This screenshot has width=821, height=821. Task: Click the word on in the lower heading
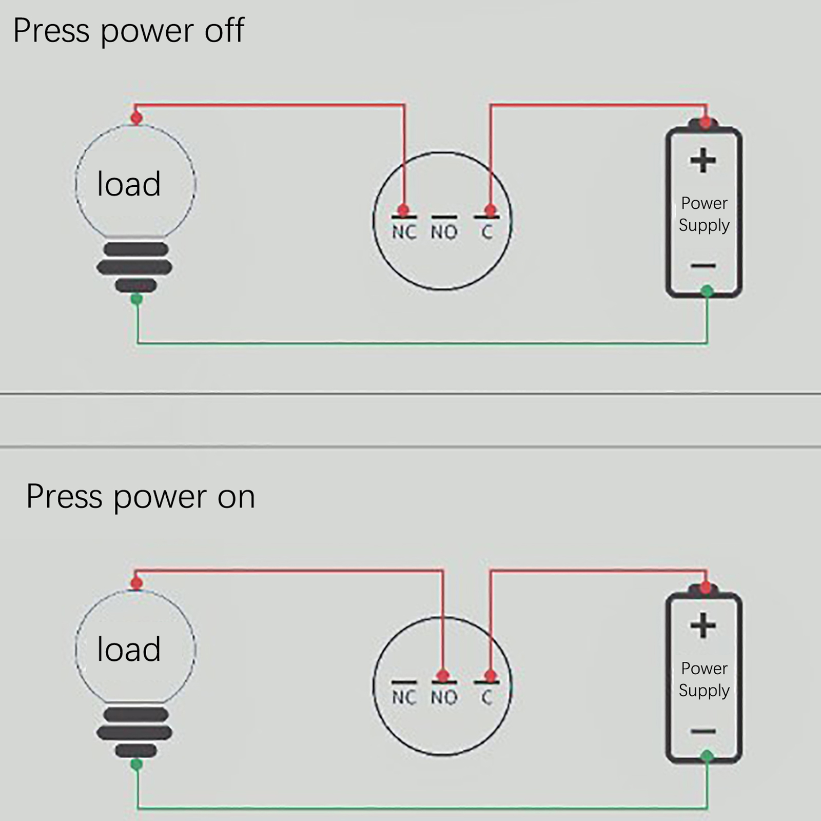[x=236, y=497]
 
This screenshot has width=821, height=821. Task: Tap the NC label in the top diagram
[x=404, y=232]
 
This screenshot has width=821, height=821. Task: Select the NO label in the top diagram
[x=444, y=232]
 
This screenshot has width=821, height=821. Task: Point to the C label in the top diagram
[x=487, y=232]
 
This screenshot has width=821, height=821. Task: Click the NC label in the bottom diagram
[x=404, y=697]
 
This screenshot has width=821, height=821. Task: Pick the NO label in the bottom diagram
[x=444, y=697]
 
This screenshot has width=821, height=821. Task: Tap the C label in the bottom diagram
[x=487, y=697]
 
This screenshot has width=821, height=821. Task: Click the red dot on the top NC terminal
[x=404, y=210]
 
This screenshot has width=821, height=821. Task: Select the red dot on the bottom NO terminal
[x=443, y=675]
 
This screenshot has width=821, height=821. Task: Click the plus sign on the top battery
[x=703, y=161]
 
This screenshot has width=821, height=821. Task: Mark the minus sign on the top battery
[x=703, y=266]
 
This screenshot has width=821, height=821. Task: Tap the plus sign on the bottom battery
[x=703, y=625]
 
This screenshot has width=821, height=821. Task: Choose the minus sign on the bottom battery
[x=703, y=731]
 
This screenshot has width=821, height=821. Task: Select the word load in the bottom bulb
[x=129, y=649]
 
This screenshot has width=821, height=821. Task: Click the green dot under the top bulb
[x=136, y=299]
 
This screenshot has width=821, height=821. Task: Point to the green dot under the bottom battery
[x=707, y=756]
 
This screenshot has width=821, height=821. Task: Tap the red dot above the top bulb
[x=136, y=118]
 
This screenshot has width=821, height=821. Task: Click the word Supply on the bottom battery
[x=704, y=691]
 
